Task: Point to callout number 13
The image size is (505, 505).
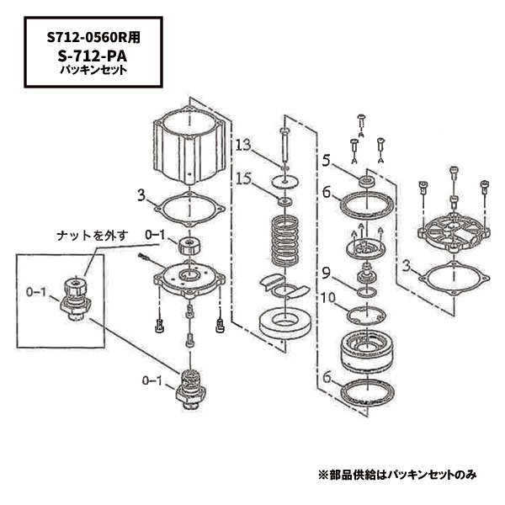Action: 242,146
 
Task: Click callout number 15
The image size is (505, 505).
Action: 242,178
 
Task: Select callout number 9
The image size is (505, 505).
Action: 324,272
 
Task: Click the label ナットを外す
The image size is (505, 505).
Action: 90,237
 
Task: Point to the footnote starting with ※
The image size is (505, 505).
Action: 396,474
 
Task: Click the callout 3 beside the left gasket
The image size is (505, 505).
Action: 141,196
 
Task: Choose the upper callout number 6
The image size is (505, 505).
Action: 324,192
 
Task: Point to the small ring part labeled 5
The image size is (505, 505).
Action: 366,181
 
